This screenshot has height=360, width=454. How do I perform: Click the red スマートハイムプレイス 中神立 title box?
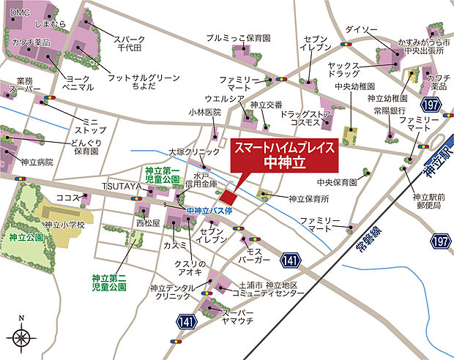[284, 154]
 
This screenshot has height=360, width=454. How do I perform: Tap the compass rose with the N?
[22, 337]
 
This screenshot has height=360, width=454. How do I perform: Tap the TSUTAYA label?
[120, 187]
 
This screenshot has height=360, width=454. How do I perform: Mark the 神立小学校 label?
[64, 225]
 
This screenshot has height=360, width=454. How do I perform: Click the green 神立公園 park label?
[26, 238]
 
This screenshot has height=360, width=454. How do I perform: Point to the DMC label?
[20, 12]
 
